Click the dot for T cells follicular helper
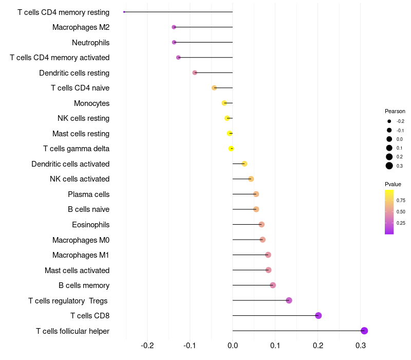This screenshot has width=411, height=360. point(364,331)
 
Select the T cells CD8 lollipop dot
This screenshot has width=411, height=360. point(319,315)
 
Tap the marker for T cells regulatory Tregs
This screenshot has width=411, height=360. point(289,300)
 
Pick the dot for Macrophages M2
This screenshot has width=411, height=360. point(174,27)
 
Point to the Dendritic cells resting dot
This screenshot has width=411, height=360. point(195,73)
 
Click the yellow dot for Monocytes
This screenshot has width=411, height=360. point(224,103)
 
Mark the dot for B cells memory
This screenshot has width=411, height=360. point(273,285)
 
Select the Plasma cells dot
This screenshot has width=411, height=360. point(256,194)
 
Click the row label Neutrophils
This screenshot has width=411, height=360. point(90,42)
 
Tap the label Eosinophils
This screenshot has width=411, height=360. point(90,225)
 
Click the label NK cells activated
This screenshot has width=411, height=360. point(80,179)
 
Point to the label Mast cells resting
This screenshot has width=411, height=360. point(81,134)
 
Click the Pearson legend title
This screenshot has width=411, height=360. point(395,111)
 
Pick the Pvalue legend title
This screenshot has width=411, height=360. point(393,184)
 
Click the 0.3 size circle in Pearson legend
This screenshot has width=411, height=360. point(389,166)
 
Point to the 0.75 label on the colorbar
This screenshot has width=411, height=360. point(401,200)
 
